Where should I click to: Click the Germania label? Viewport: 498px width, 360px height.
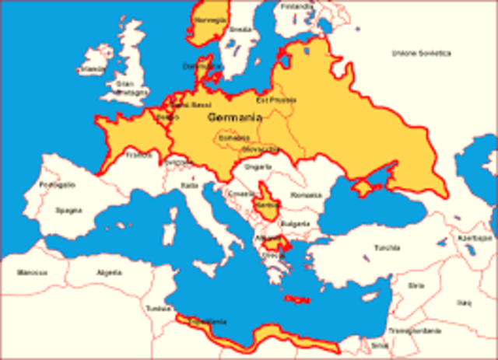(234, 117)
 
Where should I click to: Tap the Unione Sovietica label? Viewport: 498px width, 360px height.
(421, 54)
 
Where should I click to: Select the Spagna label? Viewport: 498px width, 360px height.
(68, 211)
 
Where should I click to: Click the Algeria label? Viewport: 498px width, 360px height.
(109, 273)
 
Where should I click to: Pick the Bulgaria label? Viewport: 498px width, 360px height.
(290, 222)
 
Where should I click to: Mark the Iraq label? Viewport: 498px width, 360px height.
(465, 301)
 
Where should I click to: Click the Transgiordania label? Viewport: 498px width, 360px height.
(426, 330)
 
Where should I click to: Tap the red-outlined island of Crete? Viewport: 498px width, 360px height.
(298, 299)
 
